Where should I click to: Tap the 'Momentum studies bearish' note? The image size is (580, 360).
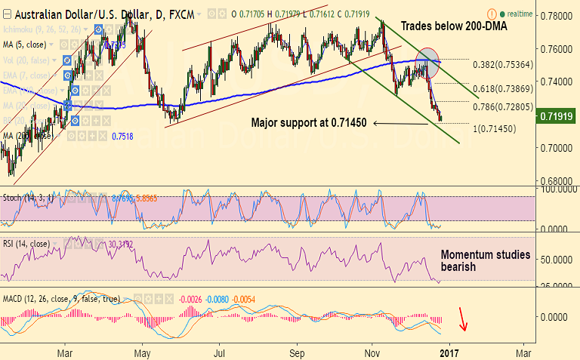point(485,261)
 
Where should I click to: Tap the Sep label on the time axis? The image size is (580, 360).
point(298,352)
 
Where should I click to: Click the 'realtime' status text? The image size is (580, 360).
point(520,14)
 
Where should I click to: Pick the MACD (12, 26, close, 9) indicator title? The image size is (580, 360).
point(61,299)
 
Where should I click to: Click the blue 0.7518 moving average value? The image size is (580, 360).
point(123,136)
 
